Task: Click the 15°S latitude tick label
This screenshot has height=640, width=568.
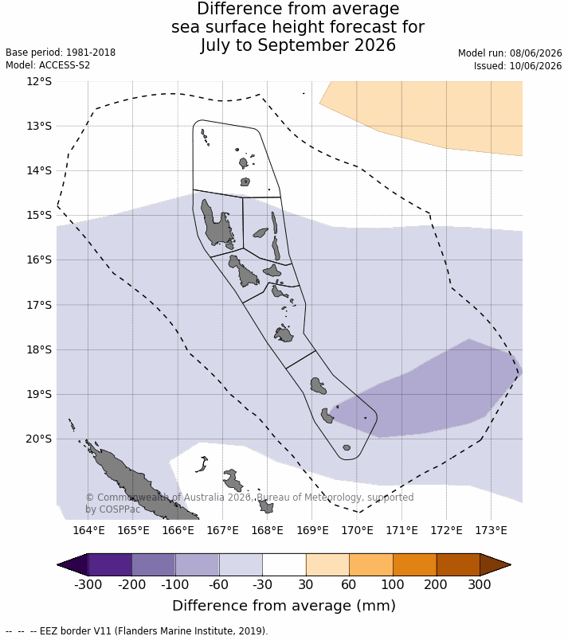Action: [x=39, y=215]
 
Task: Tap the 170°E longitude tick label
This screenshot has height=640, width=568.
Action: [x=358, y=530]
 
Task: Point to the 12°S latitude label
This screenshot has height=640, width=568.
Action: [x=39, y=81]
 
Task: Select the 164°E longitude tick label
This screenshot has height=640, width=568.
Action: [x=88, y=530]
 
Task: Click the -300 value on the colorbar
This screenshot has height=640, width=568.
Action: [x=88, y=584]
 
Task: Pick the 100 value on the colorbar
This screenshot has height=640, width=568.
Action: [x=393, y=584]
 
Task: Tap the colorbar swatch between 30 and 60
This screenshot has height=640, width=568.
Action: [x=327, y=565]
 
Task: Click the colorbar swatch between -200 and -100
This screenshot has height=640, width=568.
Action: [x=154, y=565]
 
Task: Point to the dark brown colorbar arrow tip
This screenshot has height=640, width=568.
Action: [x=510, y=565]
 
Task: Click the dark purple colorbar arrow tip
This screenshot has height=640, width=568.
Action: [x=58, y=565]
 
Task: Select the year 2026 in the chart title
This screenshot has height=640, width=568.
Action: [x=375, y=45]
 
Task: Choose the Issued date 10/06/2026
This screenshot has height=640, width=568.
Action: [x=536, y=66]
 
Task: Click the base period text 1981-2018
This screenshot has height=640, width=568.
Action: [x=91, y=53]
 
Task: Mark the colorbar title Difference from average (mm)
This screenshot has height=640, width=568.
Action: [x=284, y=605]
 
